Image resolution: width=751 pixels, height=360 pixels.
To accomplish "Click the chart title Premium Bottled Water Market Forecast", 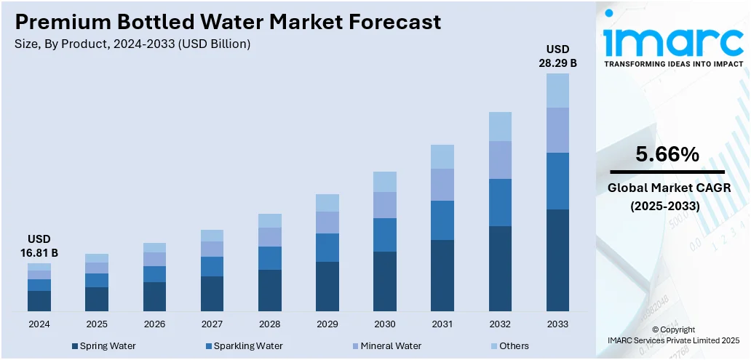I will (x=228, y=22).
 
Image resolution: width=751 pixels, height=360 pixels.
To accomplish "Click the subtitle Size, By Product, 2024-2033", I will (x=132, y=44).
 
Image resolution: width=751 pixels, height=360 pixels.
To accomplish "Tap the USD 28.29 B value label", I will (x=557, y=56).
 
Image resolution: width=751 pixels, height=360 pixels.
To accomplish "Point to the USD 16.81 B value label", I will (x=39, y=246).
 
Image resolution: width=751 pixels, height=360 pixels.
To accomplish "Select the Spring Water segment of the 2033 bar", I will (x=557, y=260).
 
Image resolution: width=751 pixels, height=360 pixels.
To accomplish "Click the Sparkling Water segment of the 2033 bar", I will (x=557, y=181).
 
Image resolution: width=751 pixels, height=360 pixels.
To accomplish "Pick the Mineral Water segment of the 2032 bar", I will (x=500, y=160).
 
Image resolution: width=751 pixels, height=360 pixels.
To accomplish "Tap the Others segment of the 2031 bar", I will (x=442, y=156).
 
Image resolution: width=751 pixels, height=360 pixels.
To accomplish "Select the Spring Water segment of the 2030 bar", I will (x=385, y=281).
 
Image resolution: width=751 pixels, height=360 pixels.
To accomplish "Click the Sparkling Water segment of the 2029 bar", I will (x=327, y=247).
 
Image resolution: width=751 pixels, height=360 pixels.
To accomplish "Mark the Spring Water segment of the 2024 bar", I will (x=39, y=301).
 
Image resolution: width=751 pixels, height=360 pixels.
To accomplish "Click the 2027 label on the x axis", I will (x=212, y=324).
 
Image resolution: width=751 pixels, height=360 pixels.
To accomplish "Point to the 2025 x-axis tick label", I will (x=97, y=324).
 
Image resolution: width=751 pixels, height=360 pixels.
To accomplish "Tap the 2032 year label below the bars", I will (x=500, y=324).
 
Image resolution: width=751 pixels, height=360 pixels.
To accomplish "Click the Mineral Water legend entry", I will (x=386, y=346).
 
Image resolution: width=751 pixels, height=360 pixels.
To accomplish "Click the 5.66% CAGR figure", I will (x=667, y=154).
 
